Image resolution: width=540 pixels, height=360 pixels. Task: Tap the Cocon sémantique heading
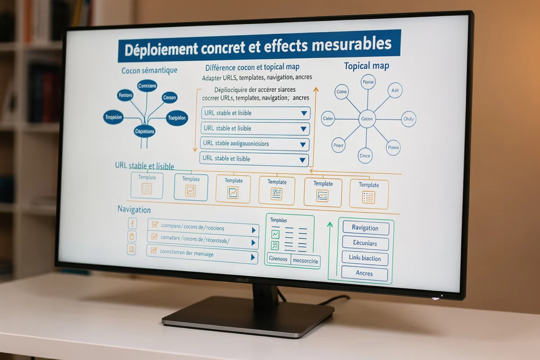(x=149, y=71)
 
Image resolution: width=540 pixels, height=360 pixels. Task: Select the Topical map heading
(x=366, y=66)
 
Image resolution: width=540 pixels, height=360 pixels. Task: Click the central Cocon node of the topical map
(x=367, y=119)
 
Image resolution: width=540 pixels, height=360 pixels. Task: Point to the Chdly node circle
(x=409, y=119)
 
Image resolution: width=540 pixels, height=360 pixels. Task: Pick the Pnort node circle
(x=338, y=145)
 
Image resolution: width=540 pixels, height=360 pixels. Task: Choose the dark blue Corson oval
(x=170, y=97)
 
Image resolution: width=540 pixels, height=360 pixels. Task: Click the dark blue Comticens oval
(x=147, y=85)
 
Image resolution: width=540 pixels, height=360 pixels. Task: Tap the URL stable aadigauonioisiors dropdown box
(x=255, y=144)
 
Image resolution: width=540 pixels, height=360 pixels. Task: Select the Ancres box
(x=364, y=273)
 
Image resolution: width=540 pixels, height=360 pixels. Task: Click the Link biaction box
(x=365, y=258)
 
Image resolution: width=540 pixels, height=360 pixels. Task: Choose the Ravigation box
(x=365, y=228)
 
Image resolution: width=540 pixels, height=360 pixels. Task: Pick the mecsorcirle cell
(x=305, y=261)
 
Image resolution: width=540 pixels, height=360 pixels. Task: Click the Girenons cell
(x=278, y=259)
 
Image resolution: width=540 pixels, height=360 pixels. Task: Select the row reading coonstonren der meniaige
(x=202, y=254)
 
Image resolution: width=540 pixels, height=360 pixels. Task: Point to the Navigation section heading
(x=134, y=209)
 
